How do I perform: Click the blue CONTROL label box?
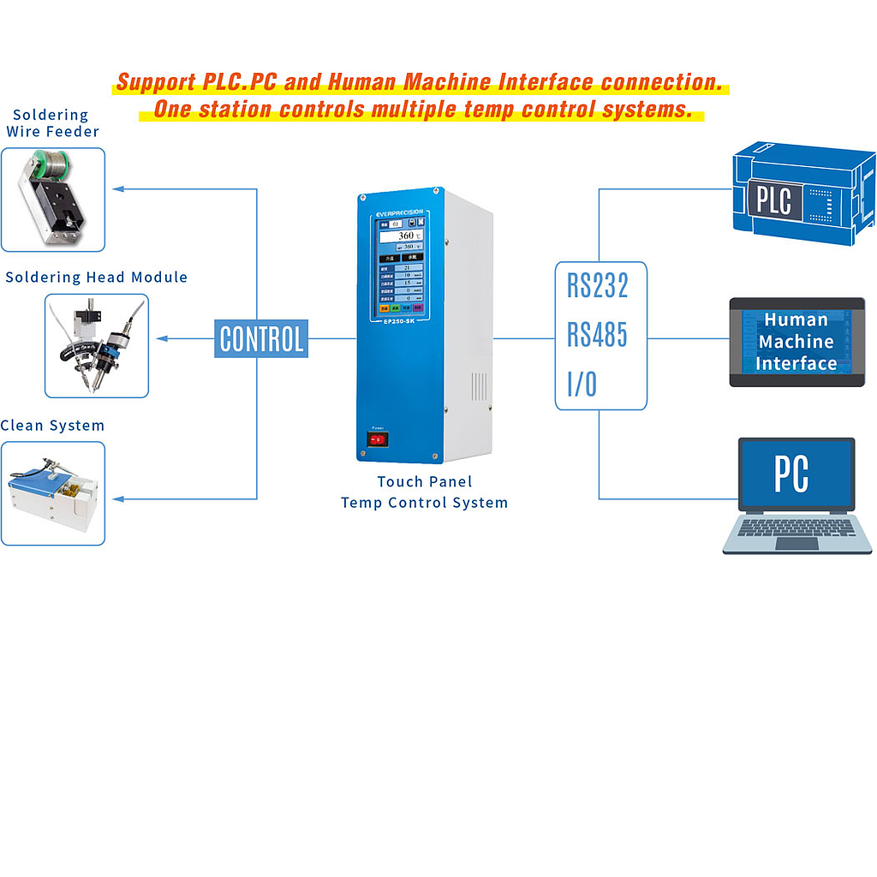[261, 339]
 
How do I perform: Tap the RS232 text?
[598, 286]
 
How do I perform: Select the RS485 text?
[598, 335]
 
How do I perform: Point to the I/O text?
[582, 385]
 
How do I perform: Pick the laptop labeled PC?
[796, 495]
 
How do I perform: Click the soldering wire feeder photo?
[52, 200]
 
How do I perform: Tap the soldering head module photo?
[96, 346]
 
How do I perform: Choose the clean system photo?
[52, 493]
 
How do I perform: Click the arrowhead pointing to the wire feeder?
[120, 188]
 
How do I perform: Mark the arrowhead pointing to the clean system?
[120, 499]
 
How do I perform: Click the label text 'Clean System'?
[52, 426]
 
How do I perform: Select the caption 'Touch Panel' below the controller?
[425, 482]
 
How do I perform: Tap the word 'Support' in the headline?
[155, 83]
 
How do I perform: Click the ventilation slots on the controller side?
[479, 386]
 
